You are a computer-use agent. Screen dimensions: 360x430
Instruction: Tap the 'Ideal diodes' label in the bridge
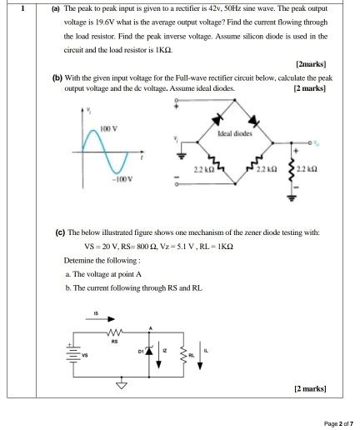point(235,133)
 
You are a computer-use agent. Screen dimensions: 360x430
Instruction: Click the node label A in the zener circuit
point(150,326)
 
